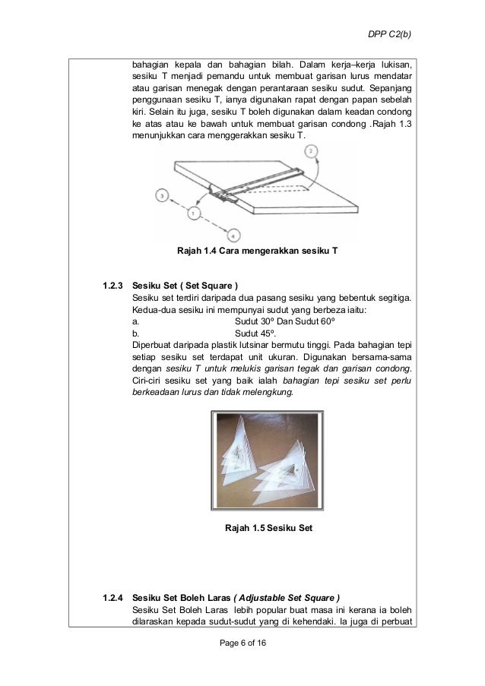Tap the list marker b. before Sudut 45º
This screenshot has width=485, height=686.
point(135,333)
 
